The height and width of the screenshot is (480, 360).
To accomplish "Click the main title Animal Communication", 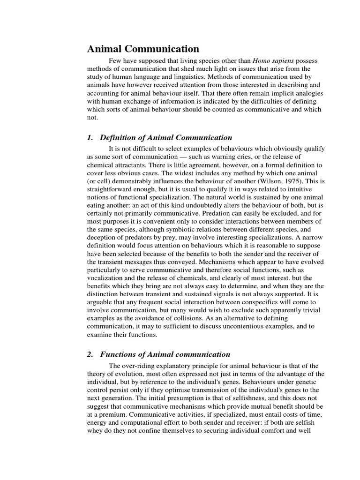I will tap(143, 49).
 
